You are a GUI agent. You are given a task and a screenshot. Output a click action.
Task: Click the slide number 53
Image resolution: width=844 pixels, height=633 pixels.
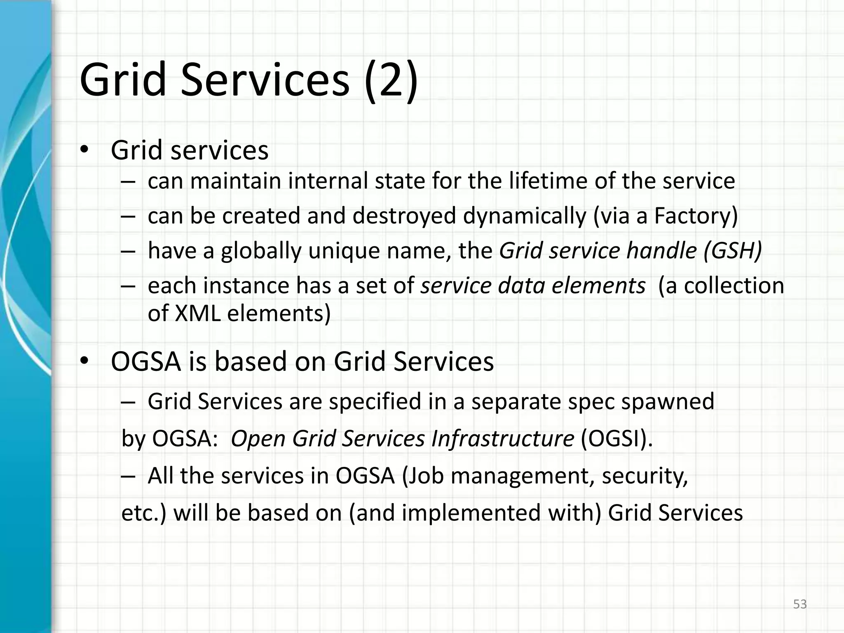point(800,604)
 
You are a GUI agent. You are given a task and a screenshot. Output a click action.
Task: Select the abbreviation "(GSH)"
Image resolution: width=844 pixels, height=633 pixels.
point(733,251)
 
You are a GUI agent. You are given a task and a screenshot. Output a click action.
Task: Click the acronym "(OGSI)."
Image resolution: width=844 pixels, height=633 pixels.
point(617,438)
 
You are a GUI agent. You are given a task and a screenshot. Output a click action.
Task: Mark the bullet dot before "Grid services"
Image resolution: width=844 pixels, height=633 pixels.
point(84,150)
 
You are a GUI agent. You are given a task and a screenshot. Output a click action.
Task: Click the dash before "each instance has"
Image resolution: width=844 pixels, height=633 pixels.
point(128,286)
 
